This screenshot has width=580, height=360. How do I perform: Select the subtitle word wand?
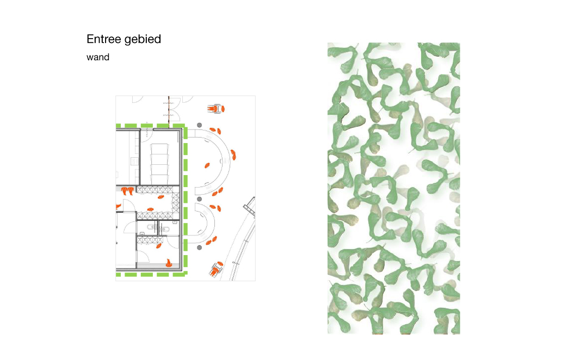pyautogui.click(x=97, y=57)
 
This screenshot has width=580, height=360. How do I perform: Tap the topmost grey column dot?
pyautogui.click(x=199, y=125)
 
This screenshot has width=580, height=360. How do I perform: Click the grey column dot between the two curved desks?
pyautogui.click(x=199, y=199)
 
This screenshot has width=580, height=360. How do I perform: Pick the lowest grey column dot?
pyautogui.click(x=199, y=247)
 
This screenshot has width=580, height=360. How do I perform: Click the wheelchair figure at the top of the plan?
pyautogui.click(x=216, y=109)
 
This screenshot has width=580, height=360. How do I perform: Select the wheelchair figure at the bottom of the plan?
pyautogui.click(x=216, y=269)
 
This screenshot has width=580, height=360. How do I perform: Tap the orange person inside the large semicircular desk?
pyautogui.click(x=207, y=165)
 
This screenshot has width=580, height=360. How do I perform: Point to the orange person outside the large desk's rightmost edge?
pyautogui.click(x=233, y=154)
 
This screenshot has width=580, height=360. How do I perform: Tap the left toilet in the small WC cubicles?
pyautogui.click(x=151, y=227)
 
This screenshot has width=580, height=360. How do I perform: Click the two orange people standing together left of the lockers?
pyautogui.click(x=128, y=191)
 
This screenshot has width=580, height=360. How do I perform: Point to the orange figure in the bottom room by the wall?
pyautogui.click(x=169, y=263)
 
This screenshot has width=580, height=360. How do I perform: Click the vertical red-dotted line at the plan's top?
pyautogui.click(x=169, y=110)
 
